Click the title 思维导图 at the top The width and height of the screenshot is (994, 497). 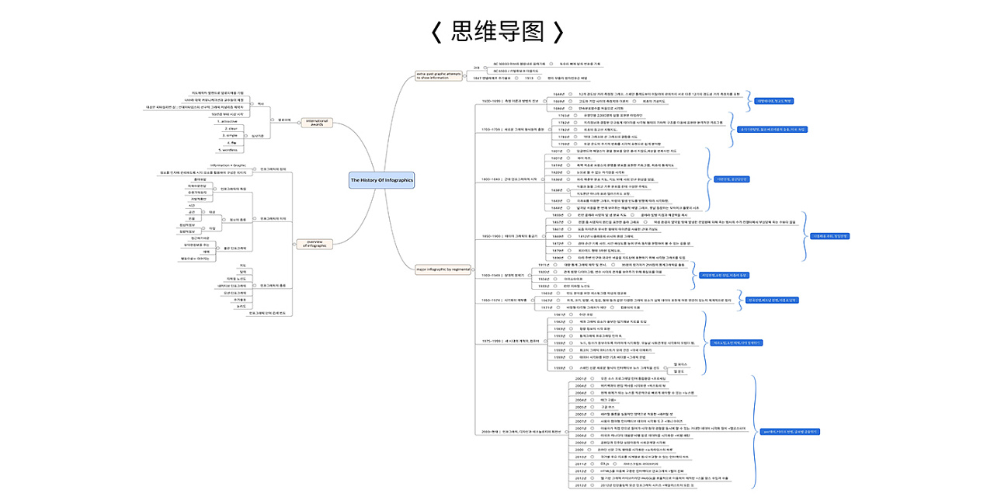click(x=497, y=31)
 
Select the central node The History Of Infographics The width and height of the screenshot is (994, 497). click(x=381, y=180)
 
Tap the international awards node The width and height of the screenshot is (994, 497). click(x=317, y=122)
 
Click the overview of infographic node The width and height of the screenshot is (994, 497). click(x=315, y=244)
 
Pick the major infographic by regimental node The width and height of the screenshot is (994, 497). click(x=444, y=269)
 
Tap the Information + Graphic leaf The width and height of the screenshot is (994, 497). click(x=228, y=165)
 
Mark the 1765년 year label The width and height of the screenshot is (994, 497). click(x=565, y=115)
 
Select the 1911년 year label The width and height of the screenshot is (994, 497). click(x=544, y=265)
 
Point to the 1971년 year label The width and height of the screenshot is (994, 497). click(x=547, y=308)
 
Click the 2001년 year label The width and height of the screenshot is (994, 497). click(x=581, y=378)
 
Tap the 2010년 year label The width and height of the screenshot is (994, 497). click(x=581, y=457)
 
